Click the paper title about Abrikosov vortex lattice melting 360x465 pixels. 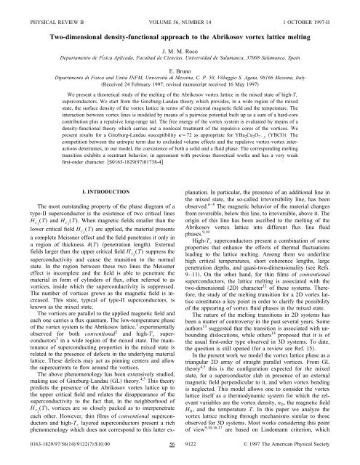pyautogui.click(x=180, y=33)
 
